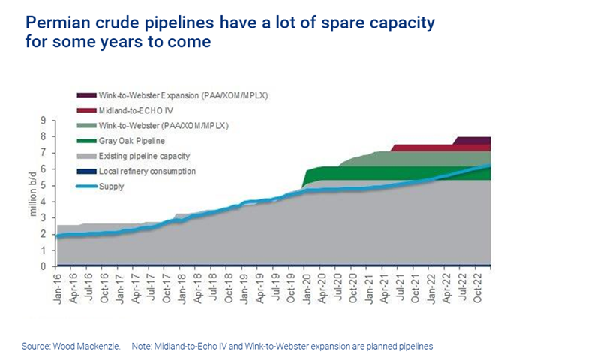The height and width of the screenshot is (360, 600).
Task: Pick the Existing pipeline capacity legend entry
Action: [143, 155]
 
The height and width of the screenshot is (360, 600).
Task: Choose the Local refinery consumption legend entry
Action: [147, 171]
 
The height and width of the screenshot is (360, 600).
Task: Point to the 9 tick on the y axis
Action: [44, 120]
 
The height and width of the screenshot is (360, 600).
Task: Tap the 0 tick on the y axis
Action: [44, 266]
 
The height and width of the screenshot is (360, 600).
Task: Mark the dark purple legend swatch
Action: [85, 95]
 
